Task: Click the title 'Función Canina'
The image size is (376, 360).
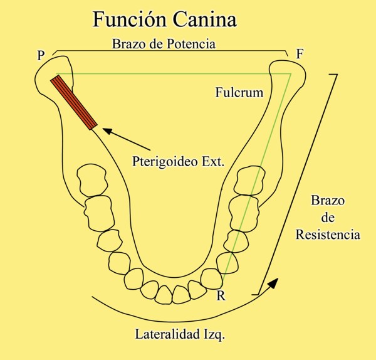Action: point(165,19)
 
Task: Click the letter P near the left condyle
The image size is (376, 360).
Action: point(41,55)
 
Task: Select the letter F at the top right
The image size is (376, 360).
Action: point(300,54)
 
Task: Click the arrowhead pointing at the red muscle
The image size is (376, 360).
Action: point(105,130)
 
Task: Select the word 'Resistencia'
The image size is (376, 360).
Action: point(328,235)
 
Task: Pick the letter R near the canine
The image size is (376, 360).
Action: point(220,295)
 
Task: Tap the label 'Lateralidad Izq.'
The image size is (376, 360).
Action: point(180,334)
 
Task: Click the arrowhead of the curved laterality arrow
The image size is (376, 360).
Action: point(274,283)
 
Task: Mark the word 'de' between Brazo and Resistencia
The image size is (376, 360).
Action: point(327,218)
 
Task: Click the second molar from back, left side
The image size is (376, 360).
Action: point(98,210)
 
